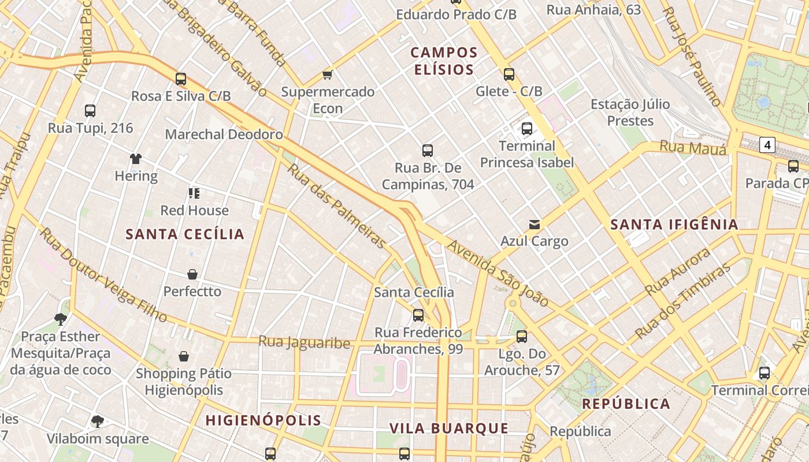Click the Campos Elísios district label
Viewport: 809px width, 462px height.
tap(444, 61)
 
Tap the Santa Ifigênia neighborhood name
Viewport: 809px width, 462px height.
tap(674, 224)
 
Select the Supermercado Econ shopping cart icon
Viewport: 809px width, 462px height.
tap(328, 74)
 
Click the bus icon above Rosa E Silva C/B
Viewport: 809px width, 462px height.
tap(181, 79)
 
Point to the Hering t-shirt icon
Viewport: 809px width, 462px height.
tap(136, 159)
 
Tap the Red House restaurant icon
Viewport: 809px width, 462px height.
tap(194, 193)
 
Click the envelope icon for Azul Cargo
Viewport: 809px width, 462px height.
tap(535, 224)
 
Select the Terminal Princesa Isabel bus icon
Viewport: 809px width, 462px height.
tap(526, 129)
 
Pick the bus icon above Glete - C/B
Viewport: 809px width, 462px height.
tap(509, 74)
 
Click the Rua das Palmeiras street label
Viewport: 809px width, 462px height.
tap(336, 206)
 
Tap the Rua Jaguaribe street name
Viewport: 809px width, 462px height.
tap(304, 342)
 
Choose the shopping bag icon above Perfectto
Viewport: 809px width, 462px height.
tap(192, 274)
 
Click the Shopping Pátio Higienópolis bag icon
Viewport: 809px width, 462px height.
tap(184, 356)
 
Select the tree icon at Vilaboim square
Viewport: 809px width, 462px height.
tap(98, 422)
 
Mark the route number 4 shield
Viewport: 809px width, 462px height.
tap(767, 145)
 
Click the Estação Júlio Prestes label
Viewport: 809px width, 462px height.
tap(630, 113)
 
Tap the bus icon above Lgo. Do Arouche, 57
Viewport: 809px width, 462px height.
tap(522, 336)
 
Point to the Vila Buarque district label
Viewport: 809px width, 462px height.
tap(449, 429)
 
